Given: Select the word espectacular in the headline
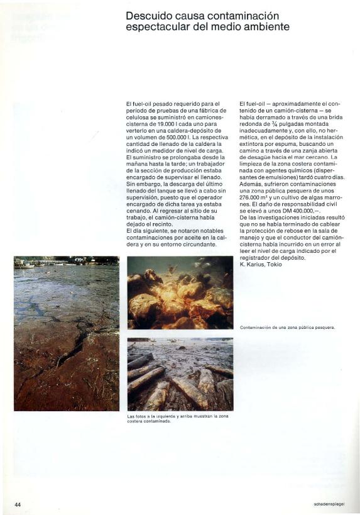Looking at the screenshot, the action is [x=156, y=27].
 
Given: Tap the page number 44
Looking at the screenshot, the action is [x=18, y=504].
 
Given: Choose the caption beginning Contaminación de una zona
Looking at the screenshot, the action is [x=287, y=327].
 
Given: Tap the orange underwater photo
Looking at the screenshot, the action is [x=180, y=292].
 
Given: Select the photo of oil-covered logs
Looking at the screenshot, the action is [x=180, y=374].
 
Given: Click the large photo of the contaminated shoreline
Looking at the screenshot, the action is [x=67, y=333].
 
